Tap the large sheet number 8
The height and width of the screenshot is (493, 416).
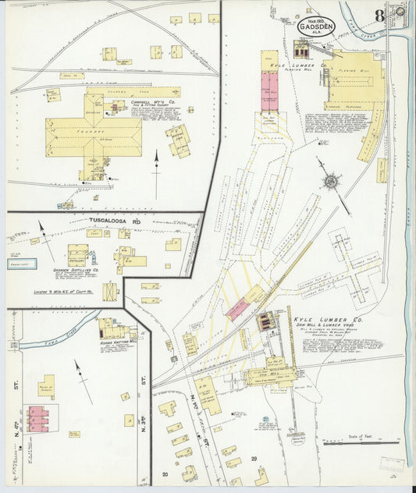379,15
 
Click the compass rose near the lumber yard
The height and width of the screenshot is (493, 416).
331,183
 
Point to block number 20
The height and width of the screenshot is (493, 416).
165,474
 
